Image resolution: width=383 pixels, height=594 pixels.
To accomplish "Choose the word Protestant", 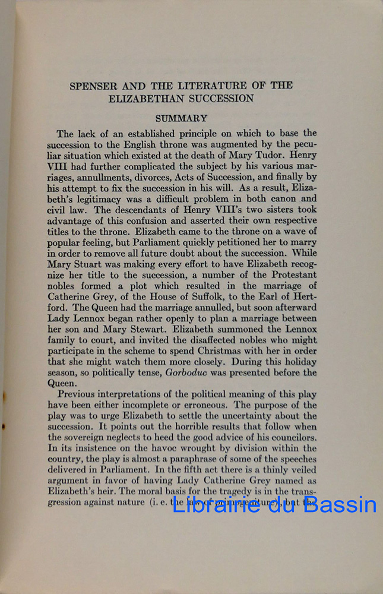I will click(289, 274).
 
